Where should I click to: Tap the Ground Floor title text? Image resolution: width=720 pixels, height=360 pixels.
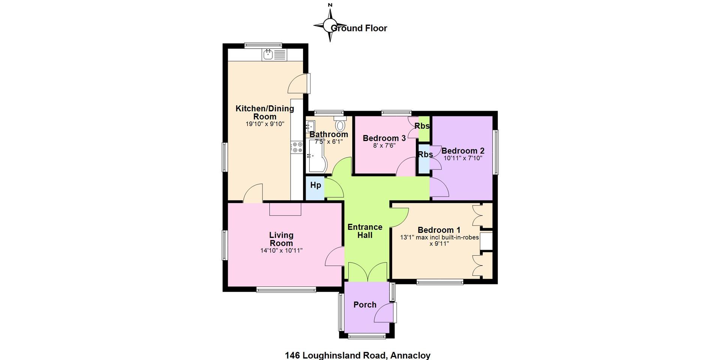point(359,28)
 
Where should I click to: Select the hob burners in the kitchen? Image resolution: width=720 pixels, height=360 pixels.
point(297,147)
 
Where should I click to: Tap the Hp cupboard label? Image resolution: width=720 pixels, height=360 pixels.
point(315,185)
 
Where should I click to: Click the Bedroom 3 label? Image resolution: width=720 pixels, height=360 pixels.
point(384,138)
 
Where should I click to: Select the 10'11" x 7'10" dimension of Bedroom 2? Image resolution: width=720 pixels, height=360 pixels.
point(463,158)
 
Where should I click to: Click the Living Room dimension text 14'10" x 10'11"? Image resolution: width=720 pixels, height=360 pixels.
point(281,250)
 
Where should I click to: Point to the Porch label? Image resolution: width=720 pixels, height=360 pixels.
point(365,304)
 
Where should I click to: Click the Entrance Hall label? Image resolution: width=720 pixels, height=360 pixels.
point(365,231)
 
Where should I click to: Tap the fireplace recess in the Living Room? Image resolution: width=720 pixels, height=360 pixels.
point(285,209)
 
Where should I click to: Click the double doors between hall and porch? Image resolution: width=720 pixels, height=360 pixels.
point(367,271)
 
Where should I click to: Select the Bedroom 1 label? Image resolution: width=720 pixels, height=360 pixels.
point(439,230)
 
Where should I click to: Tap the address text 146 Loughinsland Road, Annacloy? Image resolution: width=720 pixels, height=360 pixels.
point(358,355)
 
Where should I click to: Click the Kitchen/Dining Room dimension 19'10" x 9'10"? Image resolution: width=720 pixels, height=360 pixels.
point(265,124)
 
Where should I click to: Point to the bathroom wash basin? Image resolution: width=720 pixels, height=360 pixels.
point(310,126)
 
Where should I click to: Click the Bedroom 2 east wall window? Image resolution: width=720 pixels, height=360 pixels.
point(495,152)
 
